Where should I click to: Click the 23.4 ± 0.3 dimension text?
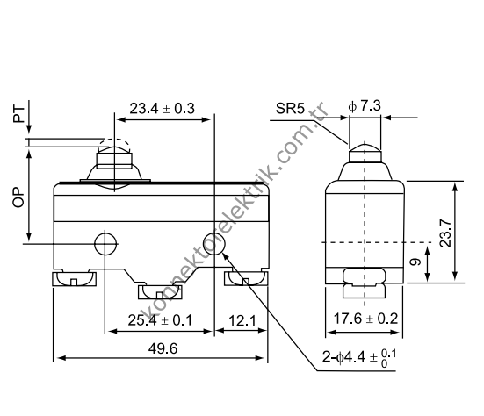point(161,109)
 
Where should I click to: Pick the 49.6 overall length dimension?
point(163,348)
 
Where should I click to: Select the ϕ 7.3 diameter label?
point(364,104)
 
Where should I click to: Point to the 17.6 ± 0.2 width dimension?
point(365,319)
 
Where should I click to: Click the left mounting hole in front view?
point(105,243)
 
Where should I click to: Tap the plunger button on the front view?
point(113,162)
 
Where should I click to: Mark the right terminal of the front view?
point(247,280)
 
